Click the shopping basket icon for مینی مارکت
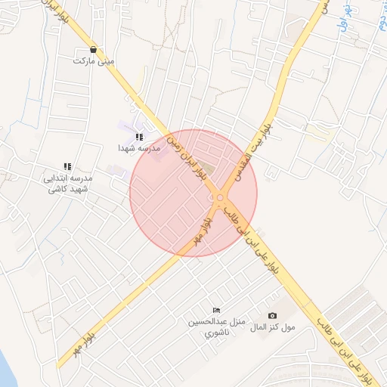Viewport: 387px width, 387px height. point(93,49)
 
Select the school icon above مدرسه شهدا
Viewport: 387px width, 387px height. point(139,137)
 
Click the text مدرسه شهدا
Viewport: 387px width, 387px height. point(139,149)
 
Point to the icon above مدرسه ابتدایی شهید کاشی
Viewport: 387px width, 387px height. point(67,166)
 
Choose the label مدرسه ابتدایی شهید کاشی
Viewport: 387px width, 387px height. point(67,183)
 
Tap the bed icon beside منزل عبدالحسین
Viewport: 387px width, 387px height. point(217,311)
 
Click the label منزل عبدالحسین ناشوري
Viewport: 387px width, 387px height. point(218,327)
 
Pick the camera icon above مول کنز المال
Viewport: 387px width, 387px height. point(272,316)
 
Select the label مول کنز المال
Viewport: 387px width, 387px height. point(272,327)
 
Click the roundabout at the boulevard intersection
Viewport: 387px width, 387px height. point(220,199)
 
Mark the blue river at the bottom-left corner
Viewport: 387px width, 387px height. point(8,370)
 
